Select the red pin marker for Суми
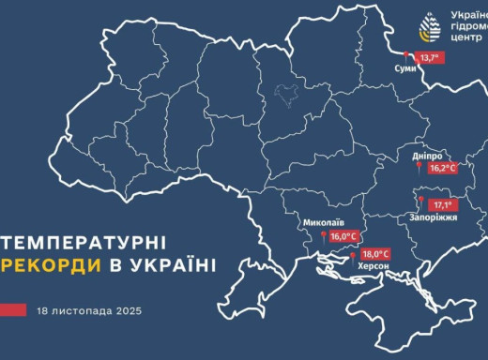[x=407, y=54]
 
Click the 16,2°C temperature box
[x=441, y=169]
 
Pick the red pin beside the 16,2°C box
[x=419, y=167]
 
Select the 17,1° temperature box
[x=442, y=204]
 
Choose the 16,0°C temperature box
[x=343, y=237]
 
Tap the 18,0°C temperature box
[x=374, y=254]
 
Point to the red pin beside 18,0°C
[x=353, y=254]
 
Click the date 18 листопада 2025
[x=83, y=308]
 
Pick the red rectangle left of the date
[x=13, y=308]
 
